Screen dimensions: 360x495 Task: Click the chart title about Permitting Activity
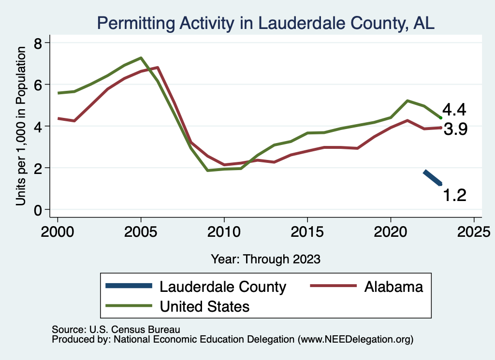[265, 23]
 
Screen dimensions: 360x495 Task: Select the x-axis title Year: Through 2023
[265, 259]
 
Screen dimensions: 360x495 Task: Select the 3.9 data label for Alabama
[455, 130]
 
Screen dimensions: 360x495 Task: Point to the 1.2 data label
[454, 195]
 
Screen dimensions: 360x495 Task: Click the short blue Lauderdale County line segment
[433, 178]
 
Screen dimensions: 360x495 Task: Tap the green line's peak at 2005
[141, 58]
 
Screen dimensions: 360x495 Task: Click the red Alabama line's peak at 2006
[158, 68]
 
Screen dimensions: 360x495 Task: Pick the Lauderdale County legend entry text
[223, 287]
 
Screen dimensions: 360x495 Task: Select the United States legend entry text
[204, 306]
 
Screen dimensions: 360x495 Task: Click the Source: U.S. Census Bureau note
[116, 330]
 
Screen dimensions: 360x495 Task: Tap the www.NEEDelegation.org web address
[356, 340]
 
